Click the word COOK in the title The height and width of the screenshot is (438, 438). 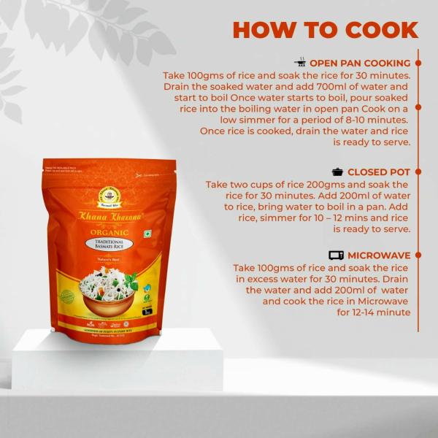[380, 30]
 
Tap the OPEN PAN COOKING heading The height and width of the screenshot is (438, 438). [361, 64]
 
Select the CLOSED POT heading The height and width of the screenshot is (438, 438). [379, 172]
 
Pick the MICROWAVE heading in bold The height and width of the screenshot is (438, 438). [379, 255]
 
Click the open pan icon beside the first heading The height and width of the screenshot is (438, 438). [299, 63]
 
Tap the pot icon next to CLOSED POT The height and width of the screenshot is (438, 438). [338, 172]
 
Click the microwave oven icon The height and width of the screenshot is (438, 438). [336, 255]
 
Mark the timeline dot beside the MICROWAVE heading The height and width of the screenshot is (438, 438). [418, 255]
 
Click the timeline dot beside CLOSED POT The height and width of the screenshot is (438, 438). [418, 172]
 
